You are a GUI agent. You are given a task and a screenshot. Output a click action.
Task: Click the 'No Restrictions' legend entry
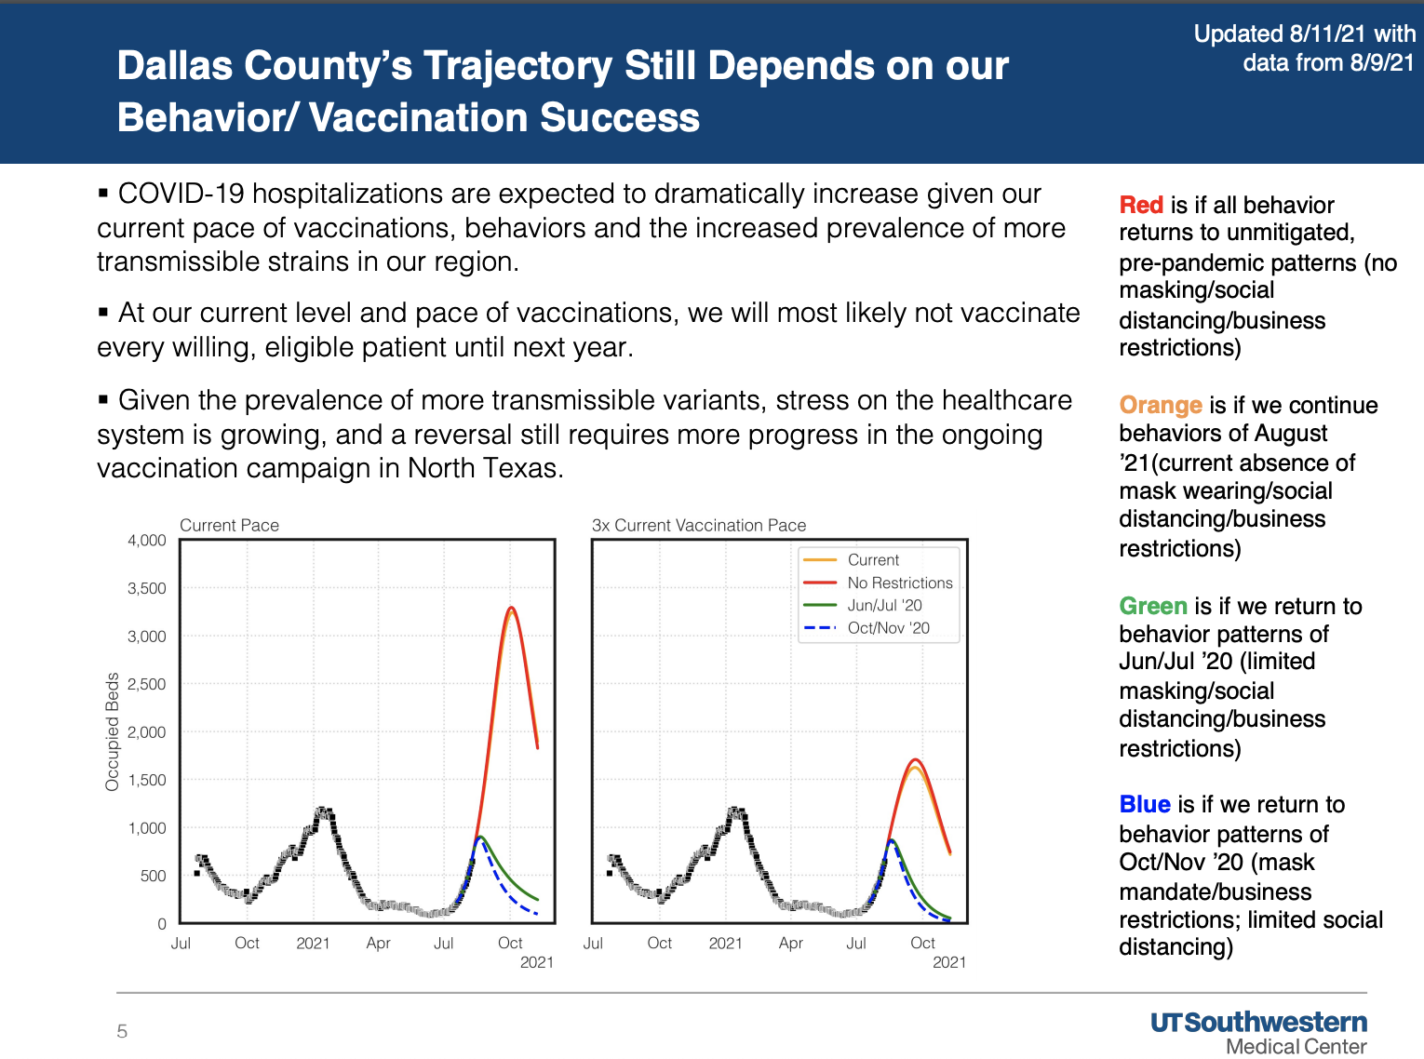899,583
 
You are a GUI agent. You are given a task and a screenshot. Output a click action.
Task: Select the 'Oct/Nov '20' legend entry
888,628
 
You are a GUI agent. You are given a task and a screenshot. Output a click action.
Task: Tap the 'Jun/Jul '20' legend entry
884,605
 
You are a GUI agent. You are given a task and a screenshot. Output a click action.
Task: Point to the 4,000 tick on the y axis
147,541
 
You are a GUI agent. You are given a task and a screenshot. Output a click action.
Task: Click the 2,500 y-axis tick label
147,684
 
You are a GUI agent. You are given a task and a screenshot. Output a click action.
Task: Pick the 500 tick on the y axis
154,876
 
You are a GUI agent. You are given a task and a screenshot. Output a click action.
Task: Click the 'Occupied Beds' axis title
113,731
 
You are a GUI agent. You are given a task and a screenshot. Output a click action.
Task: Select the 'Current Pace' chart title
229,525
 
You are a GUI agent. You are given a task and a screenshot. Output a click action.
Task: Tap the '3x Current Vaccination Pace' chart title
699,525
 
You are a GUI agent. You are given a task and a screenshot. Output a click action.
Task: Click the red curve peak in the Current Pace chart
511,608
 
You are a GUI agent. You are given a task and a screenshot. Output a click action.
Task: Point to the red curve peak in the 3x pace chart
916,759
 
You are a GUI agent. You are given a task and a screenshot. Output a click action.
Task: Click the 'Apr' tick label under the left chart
378,943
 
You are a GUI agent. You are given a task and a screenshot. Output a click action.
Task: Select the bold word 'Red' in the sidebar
1141,205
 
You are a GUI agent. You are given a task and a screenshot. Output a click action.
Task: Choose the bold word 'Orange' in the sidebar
1161,405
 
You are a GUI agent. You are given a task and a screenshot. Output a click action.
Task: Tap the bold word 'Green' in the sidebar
1153,606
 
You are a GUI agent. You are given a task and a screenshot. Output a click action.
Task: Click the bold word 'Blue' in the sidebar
1145,804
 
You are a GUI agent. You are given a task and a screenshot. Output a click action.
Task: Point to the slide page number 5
122,1031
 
